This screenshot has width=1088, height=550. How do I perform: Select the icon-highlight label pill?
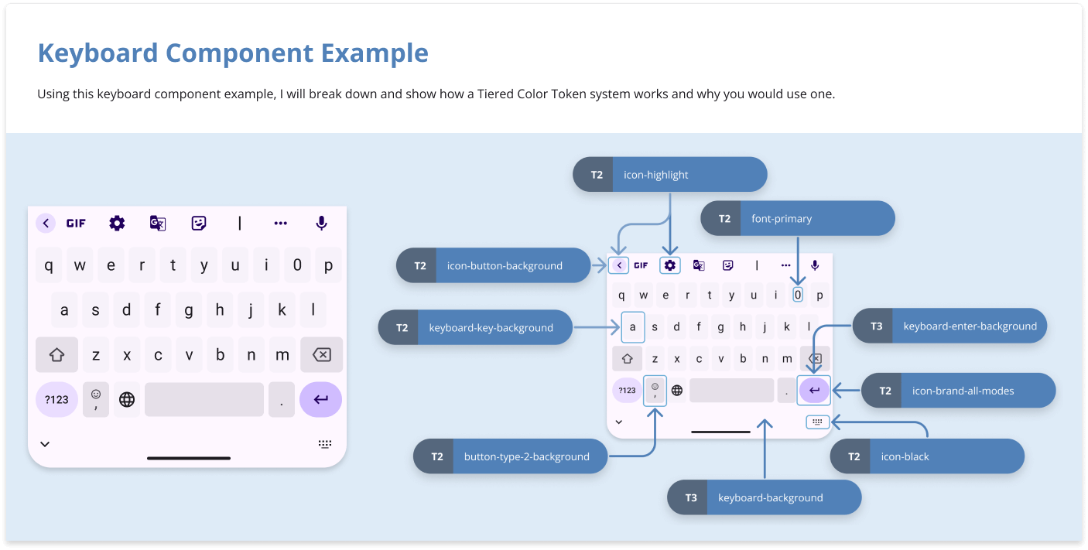670,175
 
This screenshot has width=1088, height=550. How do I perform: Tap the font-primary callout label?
798,219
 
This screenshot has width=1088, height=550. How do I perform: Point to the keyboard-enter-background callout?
950,326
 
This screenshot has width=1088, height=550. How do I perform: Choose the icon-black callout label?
927,457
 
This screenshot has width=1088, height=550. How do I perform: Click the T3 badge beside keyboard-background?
691,498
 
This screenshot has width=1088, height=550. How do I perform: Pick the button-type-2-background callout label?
510,457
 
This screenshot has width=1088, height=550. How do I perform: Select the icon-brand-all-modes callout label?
959,391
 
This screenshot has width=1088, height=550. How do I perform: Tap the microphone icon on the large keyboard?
321,224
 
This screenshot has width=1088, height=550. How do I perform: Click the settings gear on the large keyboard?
117,224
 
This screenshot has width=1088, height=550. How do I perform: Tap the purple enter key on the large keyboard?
320,400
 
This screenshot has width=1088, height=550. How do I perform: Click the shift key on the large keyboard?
56,355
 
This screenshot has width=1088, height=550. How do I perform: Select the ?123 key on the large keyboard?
56,400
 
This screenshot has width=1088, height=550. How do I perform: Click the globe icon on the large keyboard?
127,400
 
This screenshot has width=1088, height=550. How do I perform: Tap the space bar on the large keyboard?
204,400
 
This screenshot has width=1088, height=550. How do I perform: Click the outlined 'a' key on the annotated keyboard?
633,327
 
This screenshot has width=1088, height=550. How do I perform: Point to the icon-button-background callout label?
494,266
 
